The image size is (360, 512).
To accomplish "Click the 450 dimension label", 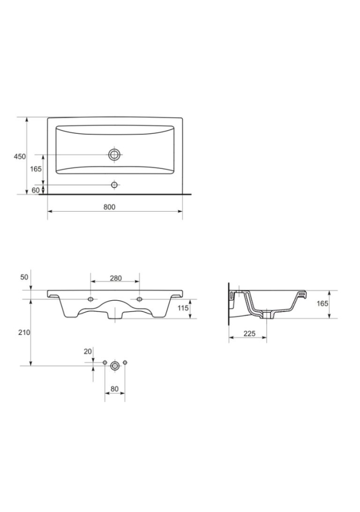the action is (x=20, y=157).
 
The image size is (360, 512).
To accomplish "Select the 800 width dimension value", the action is (x=109, y=207).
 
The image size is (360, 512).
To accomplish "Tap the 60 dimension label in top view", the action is (x=36, y=190).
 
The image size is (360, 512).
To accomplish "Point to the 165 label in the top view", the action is (x=36, y=169).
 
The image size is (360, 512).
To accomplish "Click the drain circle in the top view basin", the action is (x=114, y=155).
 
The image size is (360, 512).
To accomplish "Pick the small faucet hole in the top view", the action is (x=114, y=185).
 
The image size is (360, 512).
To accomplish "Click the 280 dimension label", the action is (x=116, y=278).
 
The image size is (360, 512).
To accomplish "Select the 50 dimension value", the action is (x=25, y=277).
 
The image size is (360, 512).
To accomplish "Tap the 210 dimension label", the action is (x=25, y=332).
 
